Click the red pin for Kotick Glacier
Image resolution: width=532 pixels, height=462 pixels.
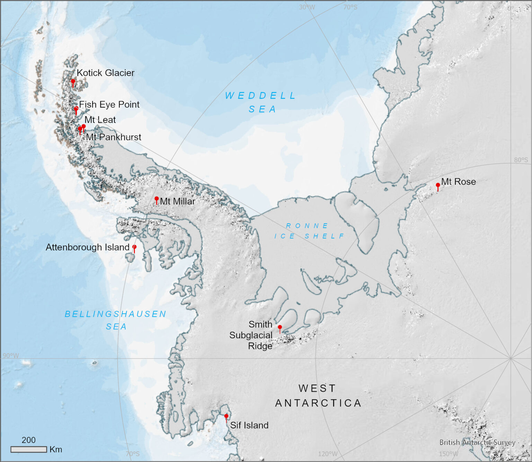[x=73, y=82]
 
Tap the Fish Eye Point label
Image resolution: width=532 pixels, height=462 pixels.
[x=109, y=104]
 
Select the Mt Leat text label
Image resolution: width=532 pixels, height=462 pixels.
[x=100, y=120]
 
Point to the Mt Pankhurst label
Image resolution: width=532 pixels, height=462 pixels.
[x=114, y=137]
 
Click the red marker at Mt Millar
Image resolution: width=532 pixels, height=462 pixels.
[x=157, y=199]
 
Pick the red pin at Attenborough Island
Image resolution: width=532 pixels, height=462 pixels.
[x=134, y=247]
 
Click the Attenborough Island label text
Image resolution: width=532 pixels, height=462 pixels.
[x=87, y=247]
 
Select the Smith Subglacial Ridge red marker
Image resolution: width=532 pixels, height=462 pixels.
[x=280, y=328]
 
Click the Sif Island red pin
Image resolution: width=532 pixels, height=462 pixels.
[x=226, y=416]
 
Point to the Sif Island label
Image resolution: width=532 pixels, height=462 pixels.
[x=249, y=425]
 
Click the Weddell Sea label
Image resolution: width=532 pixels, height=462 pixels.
[x=261, y=102]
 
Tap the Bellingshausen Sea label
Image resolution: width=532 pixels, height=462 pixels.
[x=116, y=320]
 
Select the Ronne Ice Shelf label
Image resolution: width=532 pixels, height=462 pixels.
[x=309, y=231]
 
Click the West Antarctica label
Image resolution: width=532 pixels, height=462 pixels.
[x=318, y=395]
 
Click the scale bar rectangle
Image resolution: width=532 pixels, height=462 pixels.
[x=29, y=450]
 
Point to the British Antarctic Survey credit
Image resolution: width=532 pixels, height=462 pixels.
[x=477, y=443]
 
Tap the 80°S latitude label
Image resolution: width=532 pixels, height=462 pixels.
[x=521, y=160]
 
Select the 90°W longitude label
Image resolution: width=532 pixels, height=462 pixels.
[x=11, y=356]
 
